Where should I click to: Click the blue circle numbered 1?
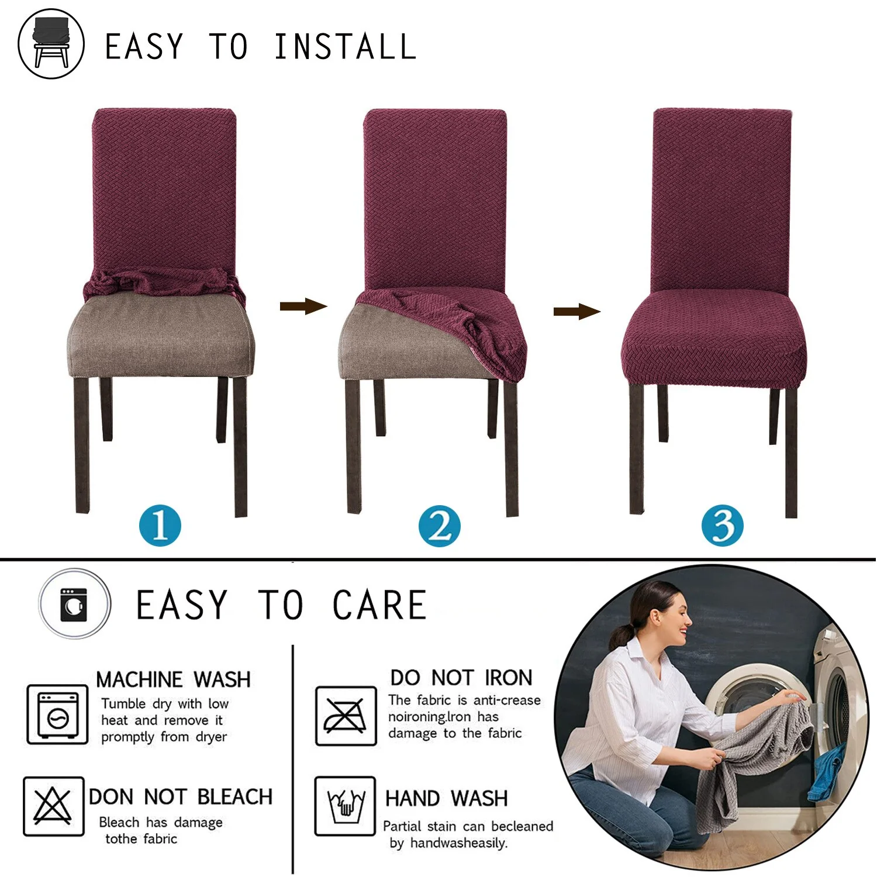pyautogui.click(x=160, y=525)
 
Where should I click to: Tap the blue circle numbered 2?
pyautogui.click(x=439, y=526)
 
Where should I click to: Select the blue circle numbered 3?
pyautogui.click(x=722, y=526)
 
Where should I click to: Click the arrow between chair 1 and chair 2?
pyautogui.click(x=303, y=306)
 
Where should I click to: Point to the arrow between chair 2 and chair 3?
pyautogui.click(x=576, y=311)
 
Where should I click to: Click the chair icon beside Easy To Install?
pyautogui.click(x=51, y=44)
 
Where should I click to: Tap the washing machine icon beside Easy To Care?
pyautogui.click(x=74, y=604)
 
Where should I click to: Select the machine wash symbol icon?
pyautogui.click(x=57, y=714)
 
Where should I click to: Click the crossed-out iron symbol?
pyautogui.click(x=346, y=716)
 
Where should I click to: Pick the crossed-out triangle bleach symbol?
pyautogui.click(x=53, y=806)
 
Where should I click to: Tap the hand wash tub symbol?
pyautogui.click(x=345, y=806)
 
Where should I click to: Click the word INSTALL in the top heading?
pyautogui.click(x=345, y=47)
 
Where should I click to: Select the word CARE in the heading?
pyautogui.click(x=379, y=605)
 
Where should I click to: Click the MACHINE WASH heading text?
pyautogui.click(x=173, y=679)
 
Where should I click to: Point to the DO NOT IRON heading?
pyautogui.click(x=461, y=678)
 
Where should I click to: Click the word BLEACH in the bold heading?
pyautogui.click(x=235, y=797)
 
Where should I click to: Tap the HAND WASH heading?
pyautogui.click(x=446, y=798)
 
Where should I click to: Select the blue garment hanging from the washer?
pyautogui.click(x=826, y=772)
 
